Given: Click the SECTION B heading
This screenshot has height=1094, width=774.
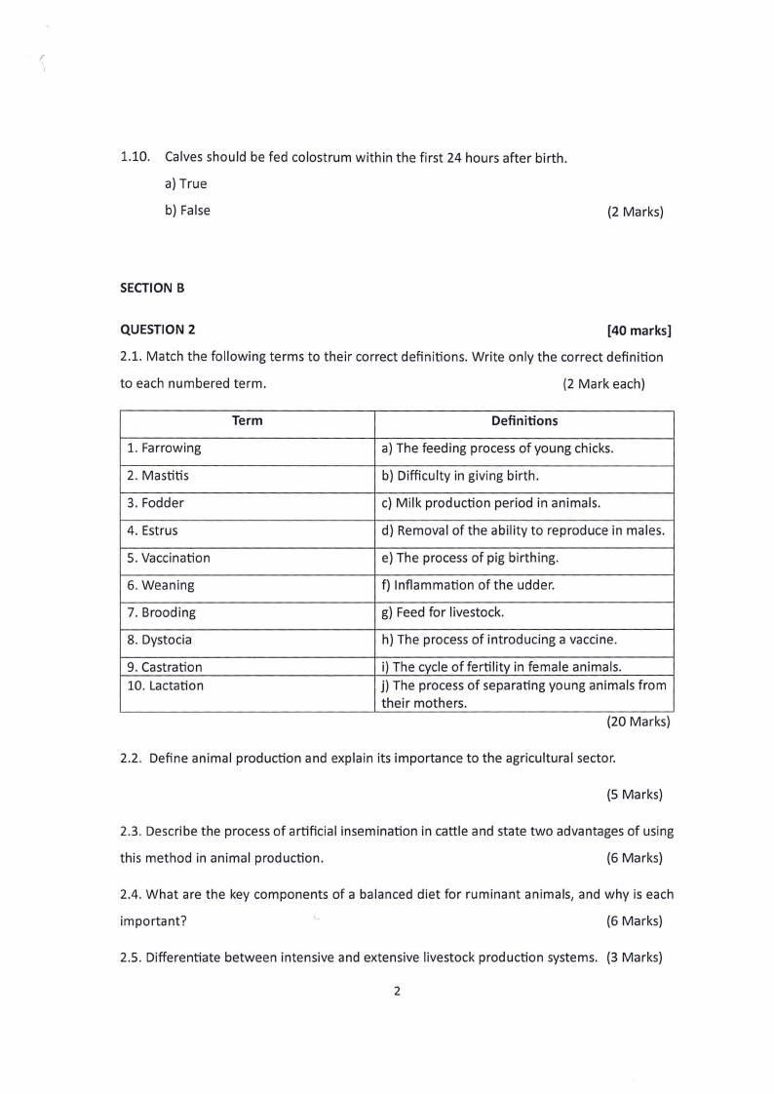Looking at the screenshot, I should [152, 288].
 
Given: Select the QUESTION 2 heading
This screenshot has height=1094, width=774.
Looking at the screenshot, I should [157, 330].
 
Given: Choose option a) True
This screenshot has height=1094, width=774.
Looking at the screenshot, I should [186, 183].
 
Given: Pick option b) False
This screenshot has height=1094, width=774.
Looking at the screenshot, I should [187, 210].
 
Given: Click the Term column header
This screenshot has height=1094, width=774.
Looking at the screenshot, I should [248, 421].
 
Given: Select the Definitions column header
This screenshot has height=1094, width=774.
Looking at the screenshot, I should [524, 421].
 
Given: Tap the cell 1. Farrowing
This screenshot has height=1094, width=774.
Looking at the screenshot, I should [164, 449].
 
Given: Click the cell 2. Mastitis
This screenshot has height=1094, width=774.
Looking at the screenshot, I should [158, 476].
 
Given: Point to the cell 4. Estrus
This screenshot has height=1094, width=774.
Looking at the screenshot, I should [152, 531].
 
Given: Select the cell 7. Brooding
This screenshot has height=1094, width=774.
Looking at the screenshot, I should [161, 613].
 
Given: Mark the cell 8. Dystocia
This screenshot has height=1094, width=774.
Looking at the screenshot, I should [160, 641].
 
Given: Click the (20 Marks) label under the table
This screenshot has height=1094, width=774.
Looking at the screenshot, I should [639, 723].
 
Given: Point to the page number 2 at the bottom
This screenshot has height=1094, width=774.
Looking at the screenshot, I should [397, 993].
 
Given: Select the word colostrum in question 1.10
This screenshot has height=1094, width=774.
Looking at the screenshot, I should [329, 157].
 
